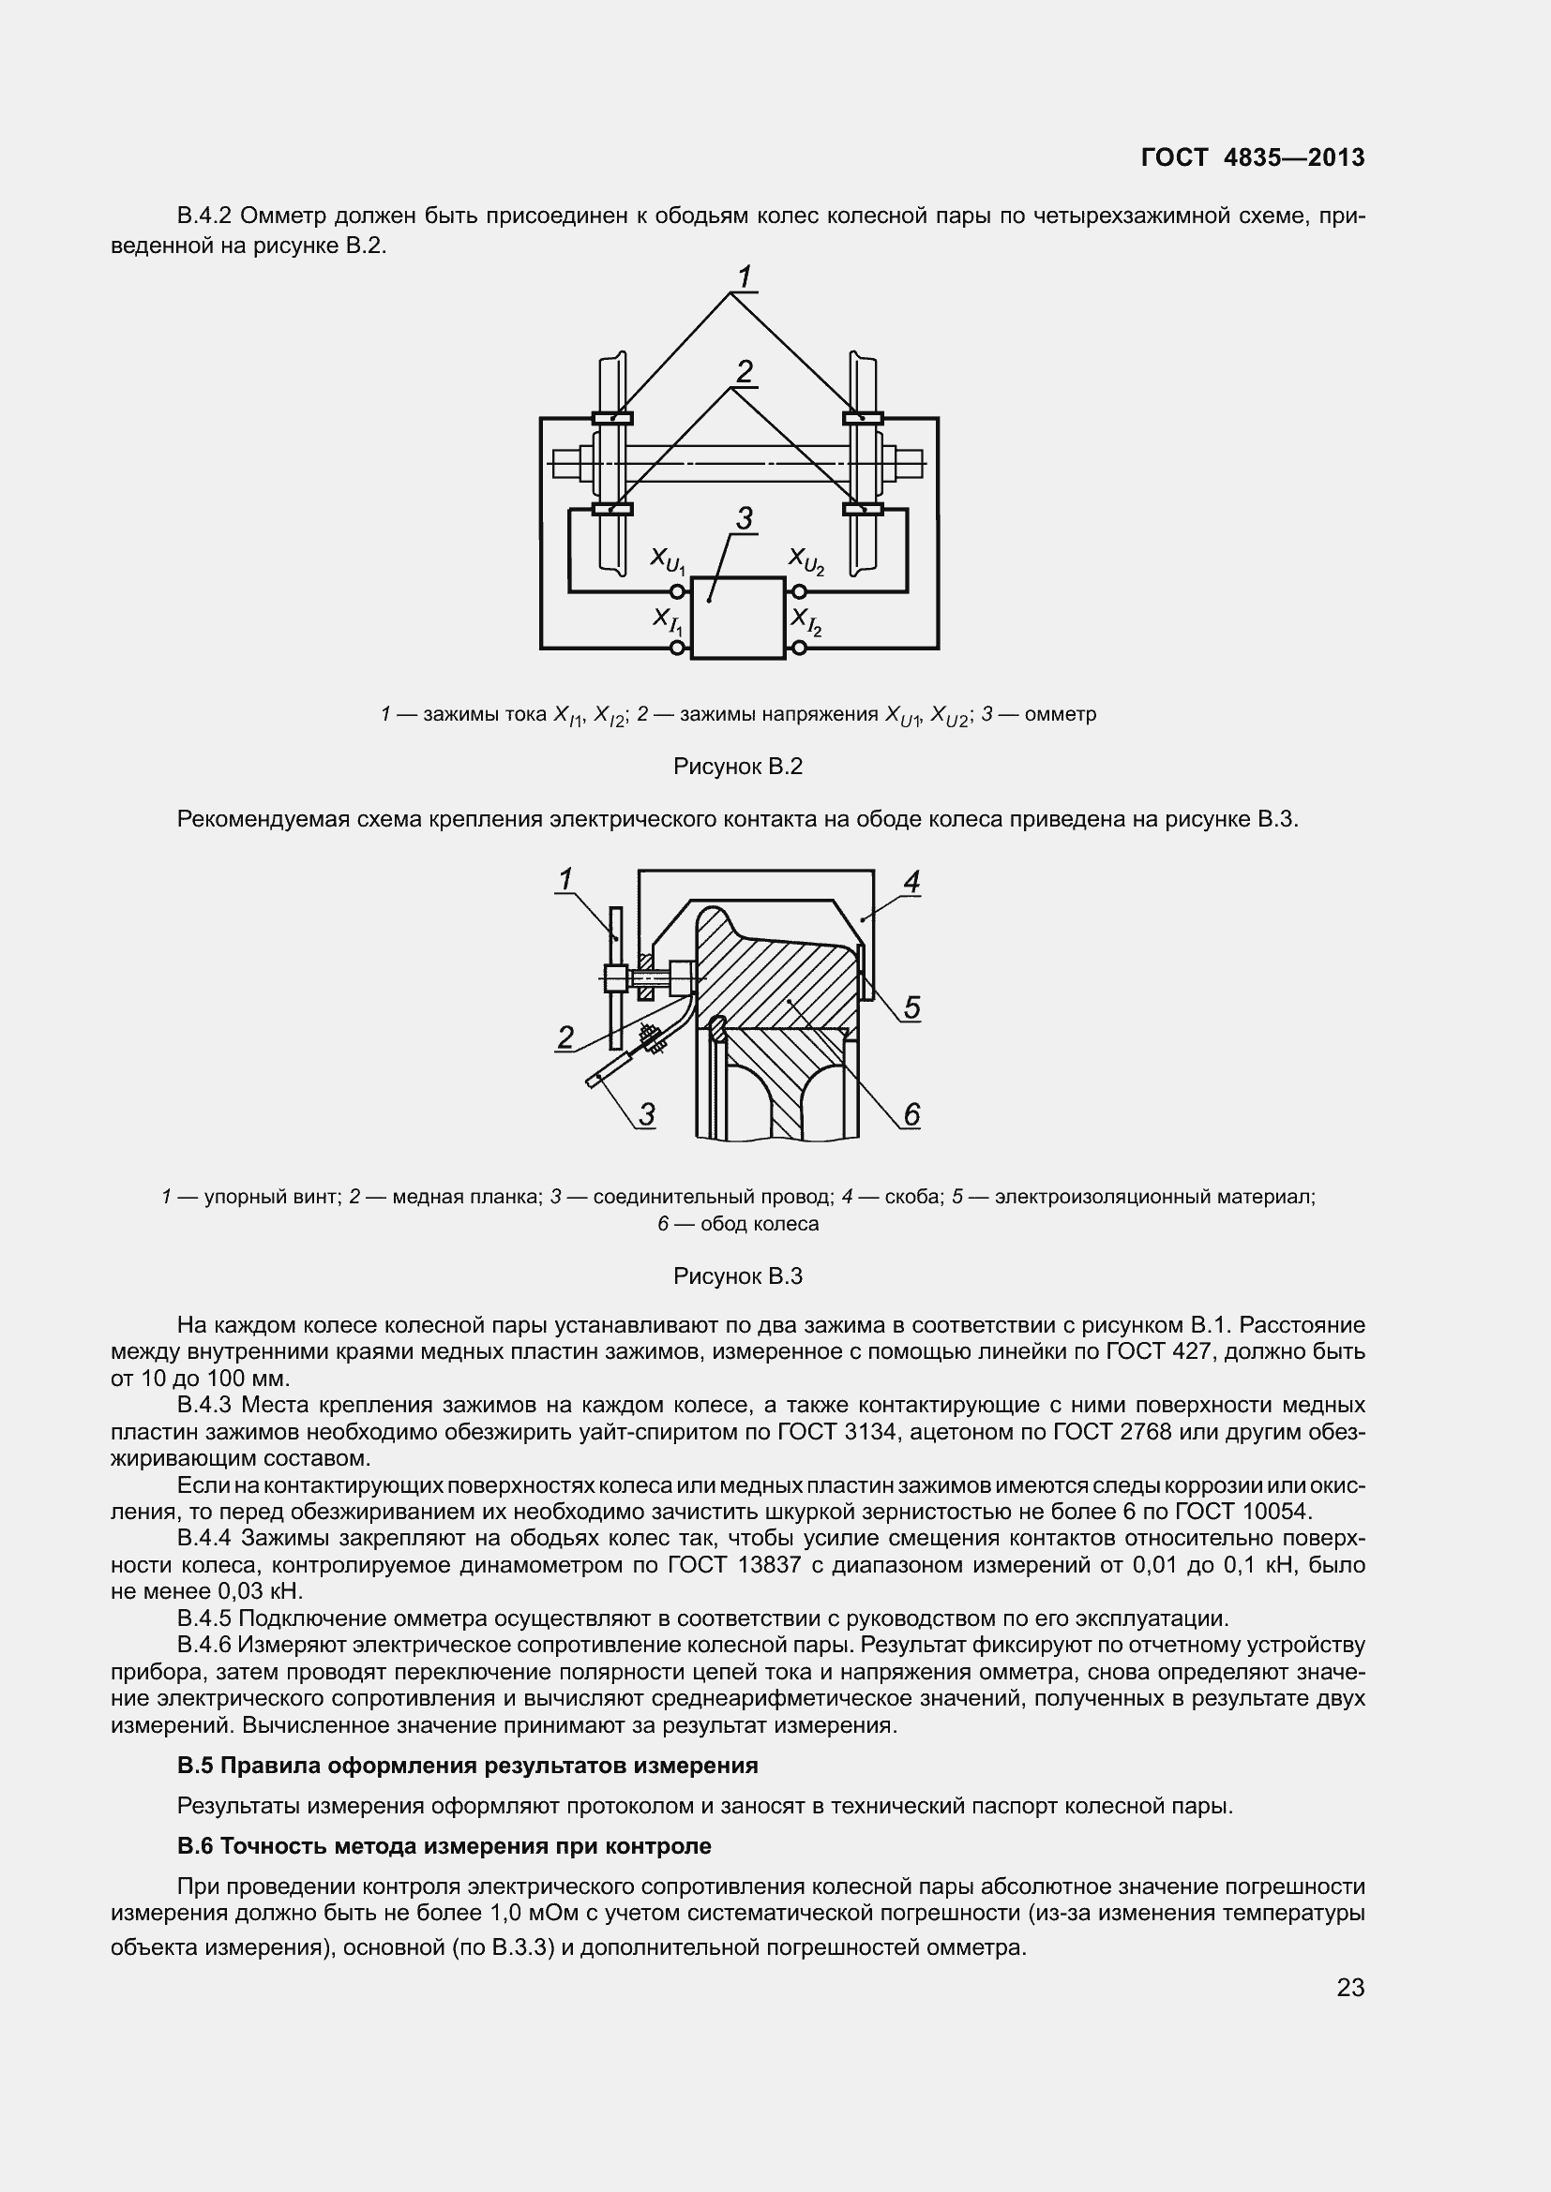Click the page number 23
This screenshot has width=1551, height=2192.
[x=1350, y=1987]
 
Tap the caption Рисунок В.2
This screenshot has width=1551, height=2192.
[x=737, y=766]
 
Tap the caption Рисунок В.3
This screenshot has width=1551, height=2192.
[x=737, y=1276]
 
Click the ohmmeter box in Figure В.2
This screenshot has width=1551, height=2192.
[x=737, y=618]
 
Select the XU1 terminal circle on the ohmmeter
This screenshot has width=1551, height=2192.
[x=678, y=591]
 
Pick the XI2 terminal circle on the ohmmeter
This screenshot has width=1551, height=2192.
[x=798, y=649]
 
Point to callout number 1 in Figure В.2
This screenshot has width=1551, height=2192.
[x=744, y=276]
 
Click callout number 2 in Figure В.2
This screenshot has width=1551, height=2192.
[x=744, y=370]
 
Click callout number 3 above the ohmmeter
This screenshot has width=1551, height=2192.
[x=744, y=518]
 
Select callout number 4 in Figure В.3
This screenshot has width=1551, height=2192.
[x=911, y=882]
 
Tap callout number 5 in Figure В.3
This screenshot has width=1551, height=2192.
[x=911, y=1007]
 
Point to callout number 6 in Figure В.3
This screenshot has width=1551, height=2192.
[x=911, y=1113]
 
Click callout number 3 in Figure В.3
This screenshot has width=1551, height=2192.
[x=647, y=1114]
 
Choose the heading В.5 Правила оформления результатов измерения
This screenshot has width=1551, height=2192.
[x=467, y=1766]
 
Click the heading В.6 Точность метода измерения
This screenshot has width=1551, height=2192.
[x=444, y=1845]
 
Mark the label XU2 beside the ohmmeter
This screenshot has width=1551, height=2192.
[x=806, y=560]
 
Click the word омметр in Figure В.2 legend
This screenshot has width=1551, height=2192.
[x=1061, y=714]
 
